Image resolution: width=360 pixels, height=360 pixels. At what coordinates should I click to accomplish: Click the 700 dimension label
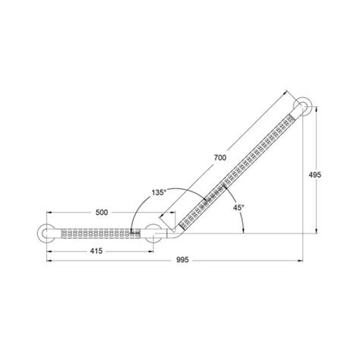(x=220, y=158)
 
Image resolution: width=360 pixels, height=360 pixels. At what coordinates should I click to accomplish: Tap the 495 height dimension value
(x=314, y=175)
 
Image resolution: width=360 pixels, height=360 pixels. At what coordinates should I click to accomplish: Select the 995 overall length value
(x=182, y=260)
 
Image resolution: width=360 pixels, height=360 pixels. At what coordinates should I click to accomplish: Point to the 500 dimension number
(x=102, y=213)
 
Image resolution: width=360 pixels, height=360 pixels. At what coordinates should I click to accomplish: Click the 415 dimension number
(x=96, y=251)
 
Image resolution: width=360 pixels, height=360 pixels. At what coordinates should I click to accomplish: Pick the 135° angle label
(x=159, y=193)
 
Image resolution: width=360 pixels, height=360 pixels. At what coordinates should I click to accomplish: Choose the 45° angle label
(x=238, y=207)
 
